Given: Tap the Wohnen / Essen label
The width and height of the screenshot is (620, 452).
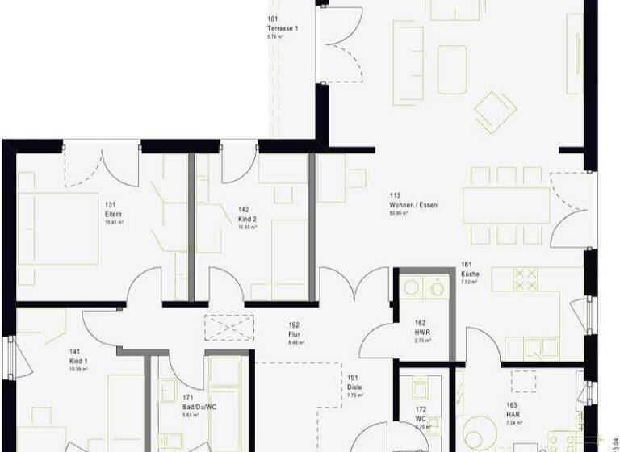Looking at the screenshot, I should (413, 205).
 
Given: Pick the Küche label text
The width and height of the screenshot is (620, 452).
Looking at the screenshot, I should (471, 274).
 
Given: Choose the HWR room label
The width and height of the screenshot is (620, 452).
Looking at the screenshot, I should (421, 332).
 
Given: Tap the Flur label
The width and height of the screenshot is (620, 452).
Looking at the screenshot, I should (295, 335).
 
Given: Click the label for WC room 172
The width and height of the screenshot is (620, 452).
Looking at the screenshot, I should (421, 420).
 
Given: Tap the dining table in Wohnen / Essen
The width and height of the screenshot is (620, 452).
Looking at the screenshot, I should (506, 205).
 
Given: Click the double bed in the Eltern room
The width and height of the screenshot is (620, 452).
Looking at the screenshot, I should (57, 228).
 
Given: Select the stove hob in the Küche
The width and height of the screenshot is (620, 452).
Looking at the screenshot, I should (526, 279).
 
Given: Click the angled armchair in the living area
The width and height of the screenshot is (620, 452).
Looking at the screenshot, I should (495, 111).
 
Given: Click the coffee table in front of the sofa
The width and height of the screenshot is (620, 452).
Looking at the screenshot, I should (452, 63).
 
